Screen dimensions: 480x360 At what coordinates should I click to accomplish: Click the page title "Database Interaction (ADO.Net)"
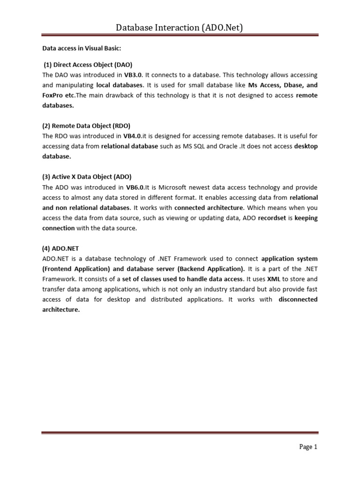click(x=180, y=28)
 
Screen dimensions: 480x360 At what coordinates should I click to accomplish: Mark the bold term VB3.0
click(x=133, y=75)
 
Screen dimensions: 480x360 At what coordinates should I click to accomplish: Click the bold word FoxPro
click(x=53, y=96)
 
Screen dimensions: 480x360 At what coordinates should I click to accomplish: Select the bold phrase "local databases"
click(x=119, y=85)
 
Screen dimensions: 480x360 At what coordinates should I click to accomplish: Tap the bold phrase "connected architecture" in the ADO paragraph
click(x=209, y=208)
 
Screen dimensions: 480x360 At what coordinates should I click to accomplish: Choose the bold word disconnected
click(x=298, y=300)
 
